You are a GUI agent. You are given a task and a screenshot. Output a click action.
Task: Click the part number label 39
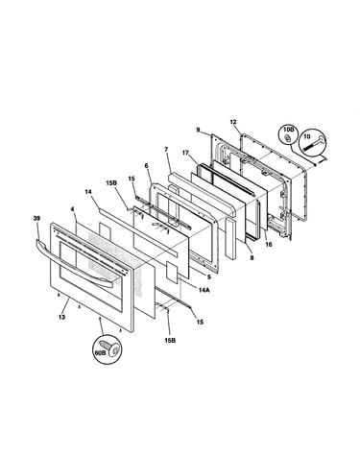(36, 218)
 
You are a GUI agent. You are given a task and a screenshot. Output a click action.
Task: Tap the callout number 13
(61, 317)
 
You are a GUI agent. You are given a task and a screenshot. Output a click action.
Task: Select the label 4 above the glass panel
(72, 209)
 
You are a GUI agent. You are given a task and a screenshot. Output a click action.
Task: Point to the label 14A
(204, 290)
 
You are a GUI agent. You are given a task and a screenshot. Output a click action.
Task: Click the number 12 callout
(233, 122)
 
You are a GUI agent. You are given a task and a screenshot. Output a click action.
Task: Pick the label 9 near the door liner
(198, 130)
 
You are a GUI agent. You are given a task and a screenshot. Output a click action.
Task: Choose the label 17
(185, 153)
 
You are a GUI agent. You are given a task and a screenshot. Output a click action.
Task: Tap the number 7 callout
(166, 149)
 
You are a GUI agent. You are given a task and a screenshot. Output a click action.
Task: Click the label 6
(146, 165)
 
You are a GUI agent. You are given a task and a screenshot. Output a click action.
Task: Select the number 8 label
(252, 258)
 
